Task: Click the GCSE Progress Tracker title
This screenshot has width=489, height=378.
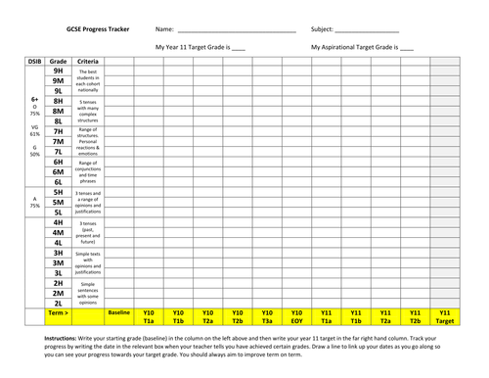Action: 97,29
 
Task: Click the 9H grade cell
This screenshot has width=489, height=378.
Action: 58,71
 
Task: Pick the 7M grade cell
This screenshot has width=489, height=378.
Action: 58,141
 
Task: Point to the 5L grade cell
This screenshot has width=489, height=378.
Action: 58,212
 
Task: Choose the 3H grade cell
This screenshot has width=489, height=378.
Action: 58,252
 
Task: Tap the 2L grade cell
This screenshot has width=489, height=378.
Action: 58,303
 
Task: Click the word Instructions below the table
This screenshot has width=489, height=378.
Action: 66,337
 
